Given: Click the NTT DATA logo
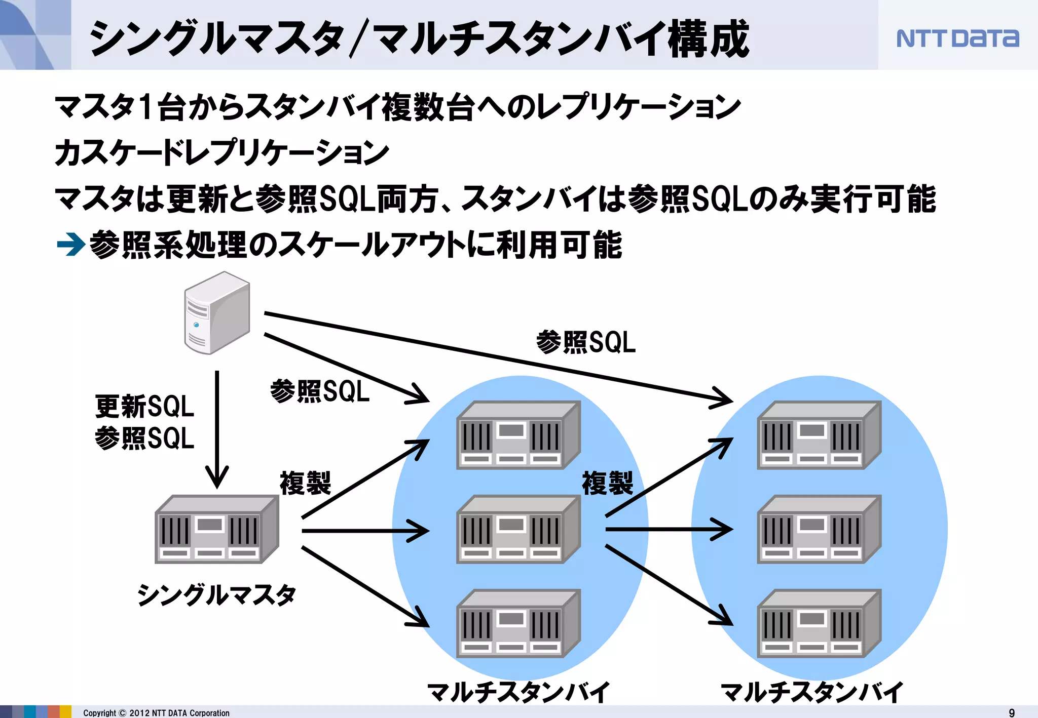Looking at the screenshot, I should [957, 38].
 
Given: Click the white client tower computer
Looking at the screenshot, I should [217, 313].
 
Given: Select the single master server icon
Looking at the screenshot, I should [217, 530].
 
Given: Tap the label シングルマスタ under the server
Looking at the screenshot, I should [217, 594].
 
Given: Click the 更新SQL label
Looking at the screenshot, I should [144, 407].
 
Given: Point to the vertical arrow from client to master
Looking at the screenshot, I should [217, 428].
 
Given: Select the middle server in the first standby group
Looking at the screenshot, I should [518, 530].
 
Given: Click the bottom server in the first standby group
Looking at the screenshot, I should [518, 624].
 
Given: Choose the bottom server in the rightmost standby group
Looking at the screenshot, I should [819, 624].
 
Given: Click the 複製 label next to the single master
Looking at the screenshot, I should [305, 483].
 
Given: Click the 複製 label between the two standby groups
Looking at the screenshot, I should [607, 483].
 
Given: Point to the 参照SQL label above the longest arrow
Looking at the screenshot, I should [586, 342].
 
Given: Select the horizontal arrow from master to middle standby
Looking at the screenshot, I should [365, 531].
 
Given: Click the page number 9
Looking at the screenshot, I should [1012, 712].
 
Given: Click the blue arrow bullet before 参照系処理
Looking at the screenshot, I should [70, 245].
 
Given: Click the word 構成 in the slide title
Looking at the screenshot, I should [709, 39].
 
